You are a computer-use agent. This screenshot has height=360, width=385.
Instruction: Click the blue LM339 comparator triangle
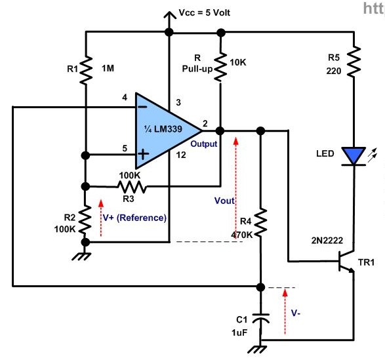165,130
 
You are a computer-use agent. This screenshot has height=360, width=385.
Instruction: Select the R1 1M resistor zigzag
86,70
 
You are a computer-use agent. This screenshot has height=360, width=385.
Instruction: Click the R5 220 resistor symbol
354,62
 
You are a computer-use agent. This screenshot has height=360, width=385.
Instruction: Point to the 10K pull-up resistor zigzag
220,67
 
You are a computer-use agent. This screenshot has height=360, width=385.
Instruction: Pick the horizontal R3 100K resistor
132,187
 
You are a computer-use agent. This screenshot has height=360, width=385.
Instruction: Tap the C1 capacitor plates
261,318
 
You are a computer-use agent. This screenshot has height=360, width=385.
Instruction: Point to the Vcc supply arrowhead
169,15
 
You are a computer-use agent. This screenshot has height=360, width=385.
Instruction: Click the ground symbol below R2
82,256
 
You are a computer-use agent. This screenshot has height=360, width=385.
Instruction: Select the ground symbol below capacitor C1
257,350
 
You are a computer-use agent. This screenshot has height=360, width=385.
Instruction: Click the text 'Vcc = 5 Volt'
204,12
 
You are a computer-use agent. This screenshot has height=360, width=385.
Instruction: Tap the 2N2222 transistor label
327,241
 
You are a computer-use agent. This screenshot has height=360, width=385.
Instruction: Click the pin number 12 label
181,155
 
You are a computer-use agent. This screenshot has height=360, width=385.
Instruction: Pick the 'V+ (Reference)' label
134,218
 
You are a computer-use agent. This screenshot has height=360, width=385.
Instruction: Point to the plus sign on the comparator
144,155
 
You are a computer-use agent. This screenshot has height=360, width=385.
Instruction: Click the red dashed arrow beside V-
285,311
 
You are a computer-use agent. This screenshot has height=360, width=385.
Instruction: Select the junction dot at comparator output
220,131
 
